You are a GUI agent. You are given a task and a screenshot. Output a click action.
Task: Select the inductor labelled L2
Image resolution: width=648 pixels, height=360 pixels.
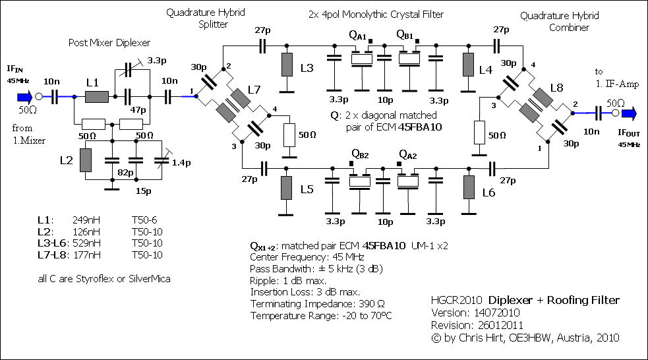click(86, 160)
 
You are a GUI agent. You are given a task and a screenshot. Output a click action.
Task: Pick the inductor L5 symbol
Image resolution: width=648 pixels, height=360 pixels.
click(287, 189)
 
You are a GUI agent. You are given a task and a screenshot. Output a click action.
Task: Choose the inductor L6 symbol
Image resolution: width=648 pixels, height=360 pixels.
click(468, 189)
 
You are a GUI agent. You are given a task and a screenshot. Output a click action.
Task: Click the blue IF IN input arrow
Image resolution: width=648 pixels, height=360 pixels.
click(22, 96)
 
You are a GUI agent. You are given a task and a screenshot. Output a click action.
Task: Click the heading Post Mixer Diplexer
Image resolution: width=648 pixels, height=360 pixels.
click(110, 43)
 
